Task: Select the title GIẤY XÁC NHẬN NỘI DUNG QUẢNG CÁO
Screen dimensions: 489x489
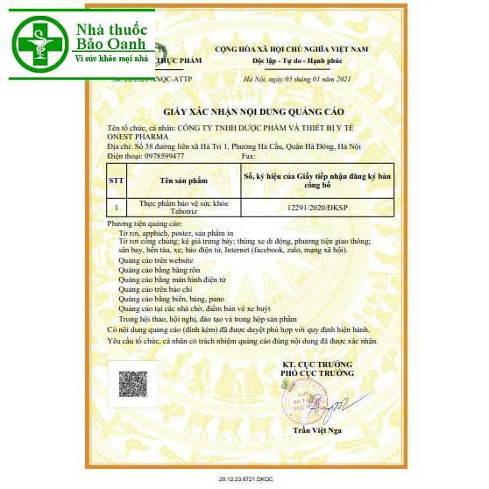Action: pos(253,113)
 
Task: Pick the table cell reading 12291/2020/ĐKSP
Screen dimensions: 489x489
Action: pos(316,208)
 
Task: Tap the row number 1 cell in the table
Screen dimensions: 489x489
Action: pos(116,208)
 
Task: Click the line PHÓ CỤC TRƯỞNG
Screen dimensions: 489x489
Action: pos(316,372)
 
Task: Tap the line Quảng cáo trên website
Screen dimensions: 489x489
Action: pos(155,260)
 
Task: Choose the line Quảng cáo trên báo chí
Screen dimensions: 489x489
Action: pos(155,288)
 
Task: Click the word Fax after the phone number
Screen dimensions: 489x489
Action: pos(247,155)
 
